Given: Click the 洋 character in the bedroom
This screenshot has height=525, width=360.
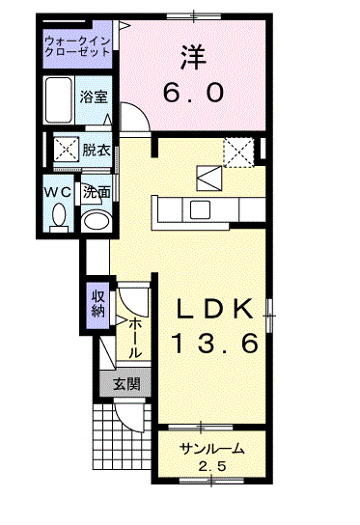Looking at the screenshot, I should (193, 58).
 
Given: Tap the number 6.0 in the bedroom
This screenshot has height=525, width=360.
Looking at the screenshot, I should (194, 93).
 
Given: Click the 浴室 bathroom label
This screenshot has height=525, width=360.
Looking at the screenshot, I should (94, 98).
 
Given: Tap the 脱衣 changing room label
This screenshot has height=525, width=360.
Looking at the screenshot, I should (95, 150).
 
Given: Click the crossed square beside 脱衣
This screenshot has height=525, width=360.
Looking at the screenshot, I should (65, 151).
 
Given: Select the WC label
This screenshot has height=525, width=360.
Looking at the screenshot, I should (56, 191).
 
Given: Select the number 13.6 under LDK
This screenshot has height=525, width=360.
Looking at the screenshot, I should (214, 342).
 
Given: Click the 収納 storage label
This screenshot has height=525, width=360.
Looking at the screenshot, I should (98, 302).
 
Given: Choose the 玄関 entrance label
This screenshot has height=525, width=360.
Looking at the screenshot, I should (125, 383).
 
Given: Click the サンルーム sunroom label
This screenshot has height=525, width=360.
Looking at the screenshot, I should (211, 449).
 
